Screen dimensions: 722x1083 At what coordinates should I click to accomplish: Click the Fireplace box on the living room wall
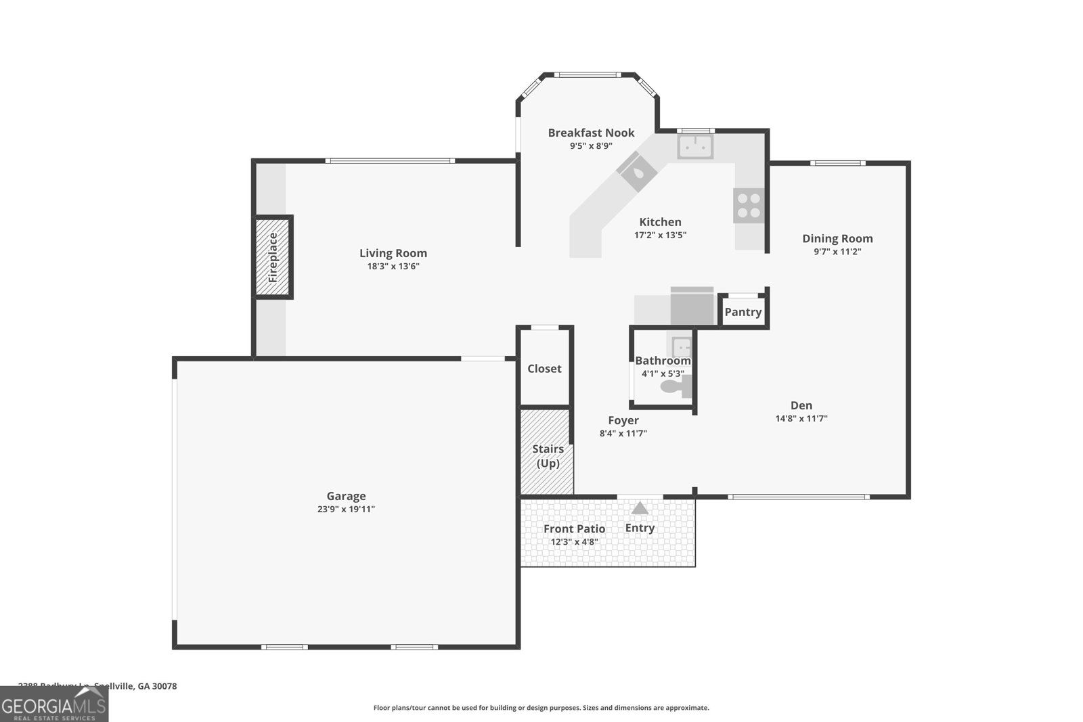tap(273, 257)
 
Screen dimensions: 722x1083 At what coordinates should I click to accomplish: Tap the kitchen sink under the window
tap(695, 146)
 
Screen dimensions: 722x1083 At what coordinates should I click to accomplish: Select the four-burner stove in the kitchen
tap(749, 206)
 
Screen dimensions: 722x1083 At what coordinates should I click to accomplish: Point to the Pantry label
tap(743, 312)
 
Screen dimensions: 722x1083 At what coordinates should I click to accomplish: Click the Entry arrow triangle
tap(640, 508)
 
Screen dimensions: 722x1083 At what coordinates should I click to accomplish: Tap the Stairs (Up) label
tap(548, 456)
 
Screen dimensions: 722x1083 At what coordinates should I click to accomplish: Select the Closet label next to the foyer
tap(544, 369)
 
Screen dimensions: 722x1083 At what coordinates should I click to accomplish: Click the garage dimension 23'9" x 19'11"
tap(346, 510)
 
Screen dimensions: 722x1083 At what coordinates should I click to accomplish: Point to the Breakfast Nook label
tap(591, 133)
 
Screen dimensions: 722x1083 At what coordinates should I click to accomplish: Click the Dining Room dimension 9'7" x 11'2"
tap(837, 252)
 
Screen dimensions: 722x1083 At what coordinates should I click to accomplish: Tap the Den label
tap(801, 405)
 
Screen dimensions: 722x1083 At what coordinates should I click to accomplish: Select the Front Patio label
tap(574, 529)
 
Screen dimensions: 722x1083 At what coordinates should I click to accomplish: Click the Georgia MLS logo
tap(53, 704)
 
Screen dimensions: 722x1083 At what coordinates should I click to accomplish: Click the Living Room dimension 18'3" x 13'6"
tap(393, 267)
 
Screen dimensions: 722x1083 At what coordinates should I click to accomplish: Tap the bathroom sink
tap(682, 348)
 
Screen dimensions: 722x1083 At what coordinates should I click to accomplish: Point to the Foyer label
tap(623, 421)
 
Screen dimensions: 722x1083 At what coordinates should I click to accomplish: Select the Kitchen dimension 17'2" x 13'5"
tap(660, 235)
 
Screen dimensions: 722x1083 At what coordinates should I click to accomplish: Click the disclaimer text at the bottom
tap(541, 708)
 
